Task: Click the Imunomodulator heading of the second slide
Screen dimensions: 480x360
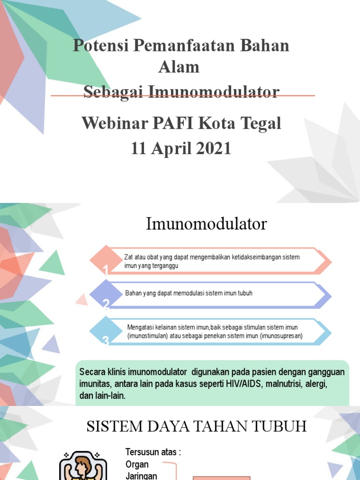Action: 206,224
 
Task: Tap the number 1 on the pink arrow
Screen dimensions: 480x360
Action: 106,270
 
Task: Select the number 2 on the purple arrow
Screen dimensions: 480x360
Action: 106,305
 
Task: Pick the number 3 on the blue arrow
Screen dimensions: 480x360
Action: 105,341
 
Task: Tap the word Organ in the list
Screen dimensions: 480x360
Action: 137,465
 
